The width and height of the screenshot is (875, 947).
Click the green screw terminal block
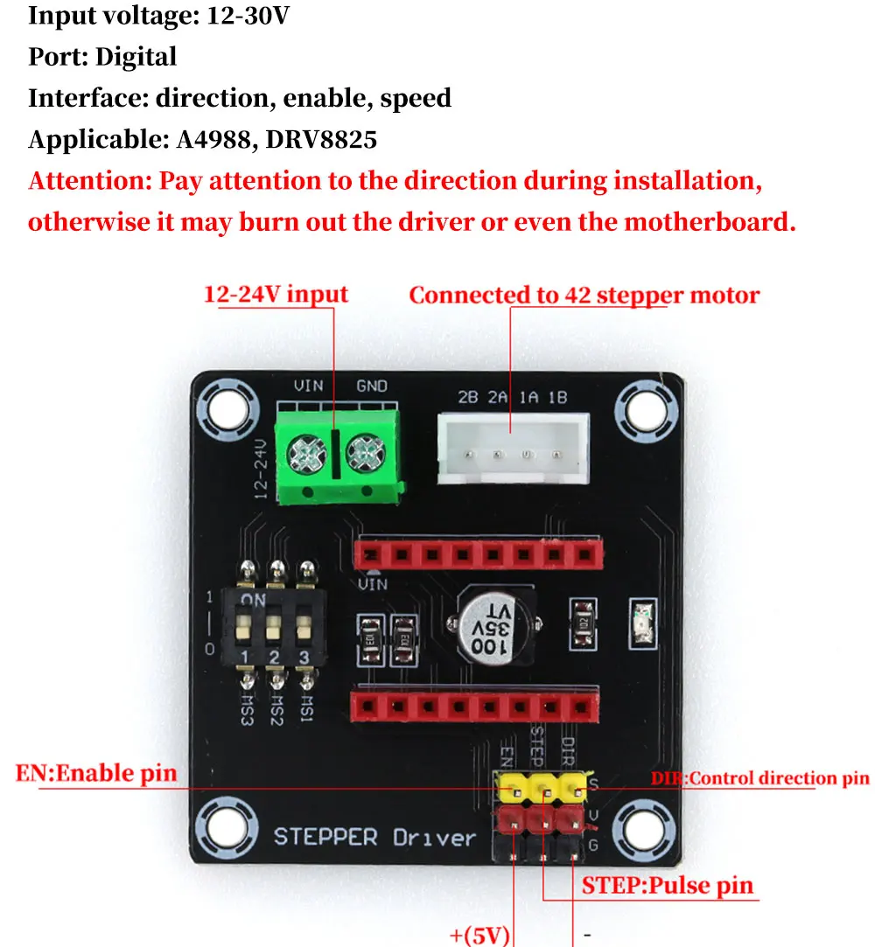click(339, 456)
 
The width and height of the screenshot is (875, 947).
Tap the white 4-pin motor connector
click(513, 448)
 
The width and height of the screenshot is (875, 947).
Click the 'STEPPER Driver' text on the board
click(374, 837)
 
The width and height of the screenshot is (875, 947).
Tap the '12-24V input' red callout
click(276, 294)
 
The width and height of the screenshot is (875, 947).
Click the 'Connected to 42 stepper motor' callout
click(584, 295)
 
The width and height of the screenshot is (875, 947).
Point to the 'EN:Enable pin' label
click(96, 773)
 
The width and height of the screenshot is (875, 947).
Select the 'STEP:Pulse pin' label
click(668, 886)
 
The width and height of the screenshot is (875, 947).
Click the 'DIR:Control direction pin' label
click(760, 778)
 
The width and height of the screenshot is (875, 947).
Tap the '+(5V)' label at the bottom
click(480, 936)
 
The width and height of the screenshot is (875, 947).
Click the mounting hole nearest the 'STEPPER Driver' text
click(227, 827)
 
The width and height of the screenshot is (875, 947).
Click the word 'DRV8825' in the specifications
click(321, 140)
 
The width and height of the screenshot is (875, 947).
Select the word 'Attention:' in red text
click(90, 181)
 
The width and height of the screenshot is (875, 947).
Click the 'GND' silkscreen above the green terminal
click(372, 386)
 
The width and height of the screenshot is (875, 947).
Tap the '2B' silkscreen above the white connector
click(468, 397)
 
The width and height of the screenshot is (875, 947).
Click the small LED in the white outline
click(643, 623)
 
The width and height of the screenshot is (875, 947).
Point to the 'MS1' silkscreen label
click(306, 707)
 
